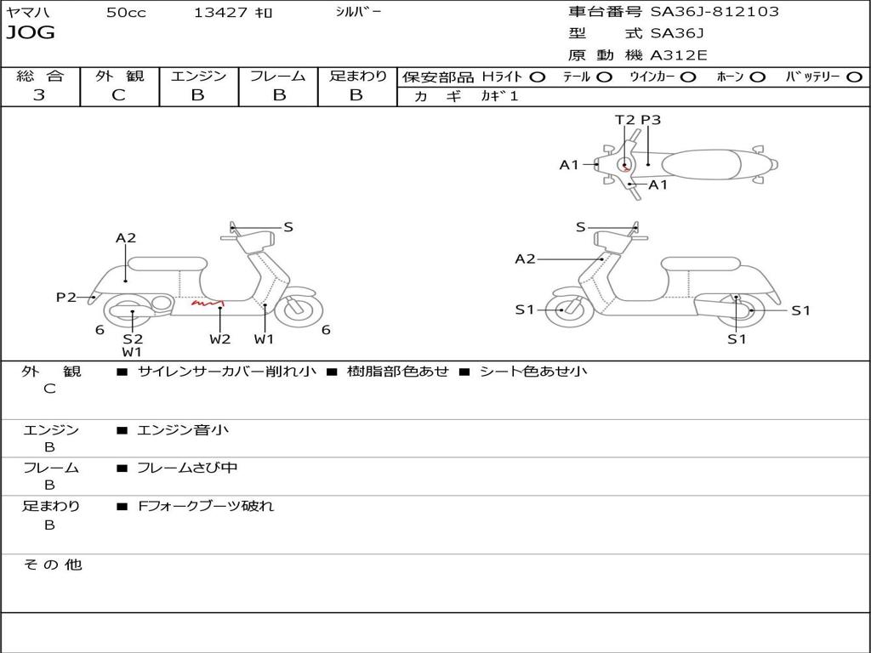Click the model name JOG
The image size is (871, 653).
click(31, 33)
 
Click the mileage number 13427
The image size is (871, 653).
click(220, 13)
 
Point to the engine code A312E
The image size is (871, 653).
click(678, 55)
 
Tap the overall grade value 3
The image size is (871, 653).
click(39, 95)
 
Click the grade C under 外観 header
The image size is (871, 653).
click(119, 95)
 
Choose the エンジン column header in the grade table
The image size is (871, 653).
click(198, 77)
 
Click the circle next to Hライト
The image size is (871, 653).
click(538, 77)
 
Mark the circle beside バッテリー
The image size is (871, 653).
click(854, 77)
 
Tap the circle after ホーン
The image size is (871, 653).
click(758, 77)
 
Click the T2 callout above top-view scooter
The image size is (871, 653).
click(625, 120)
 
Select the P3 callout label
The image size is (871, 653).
click(651, 120)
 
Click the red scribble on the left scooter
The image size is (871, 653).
click(207, 302)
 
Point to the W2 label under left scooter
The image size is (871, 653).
click(219, 338)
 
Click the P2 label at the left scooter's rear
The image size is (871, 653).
click(66, 297)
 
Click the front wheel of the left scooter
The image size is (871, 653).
click(299, 309)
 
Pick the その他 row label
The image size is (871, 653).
click(52, 565)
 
